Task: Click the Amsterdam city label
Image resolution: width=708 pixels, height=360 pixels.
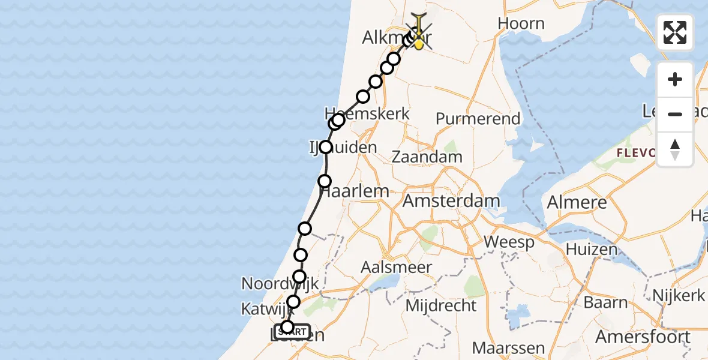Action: (451, 200)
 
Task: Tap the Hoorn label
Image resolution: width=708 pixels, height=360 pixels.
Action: (521, 24)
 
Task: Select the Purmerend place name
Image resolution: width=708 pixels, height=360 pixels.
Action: (478, 119)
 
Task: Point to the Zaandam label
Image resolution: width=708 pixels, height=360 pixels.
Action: (427, 157)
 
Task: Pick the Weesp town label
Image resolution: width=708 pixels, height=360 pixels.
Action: (509, 243)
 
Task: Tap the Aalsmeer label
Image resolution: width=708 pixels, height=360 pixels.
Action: (397, 267)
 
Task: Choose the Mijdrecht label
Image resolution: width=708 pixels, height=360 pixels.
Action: (441, 305)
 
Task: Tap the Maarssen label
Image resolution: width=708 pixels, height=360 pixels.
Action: (508, 348)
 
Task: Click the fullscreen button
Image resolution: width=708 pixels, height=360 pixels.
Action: (675, 32)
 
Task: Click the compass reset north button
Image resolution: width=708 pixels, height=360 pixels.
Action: (675, 149)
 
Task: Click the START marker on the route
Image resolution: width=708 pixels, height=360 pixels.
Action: (293, 331)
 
